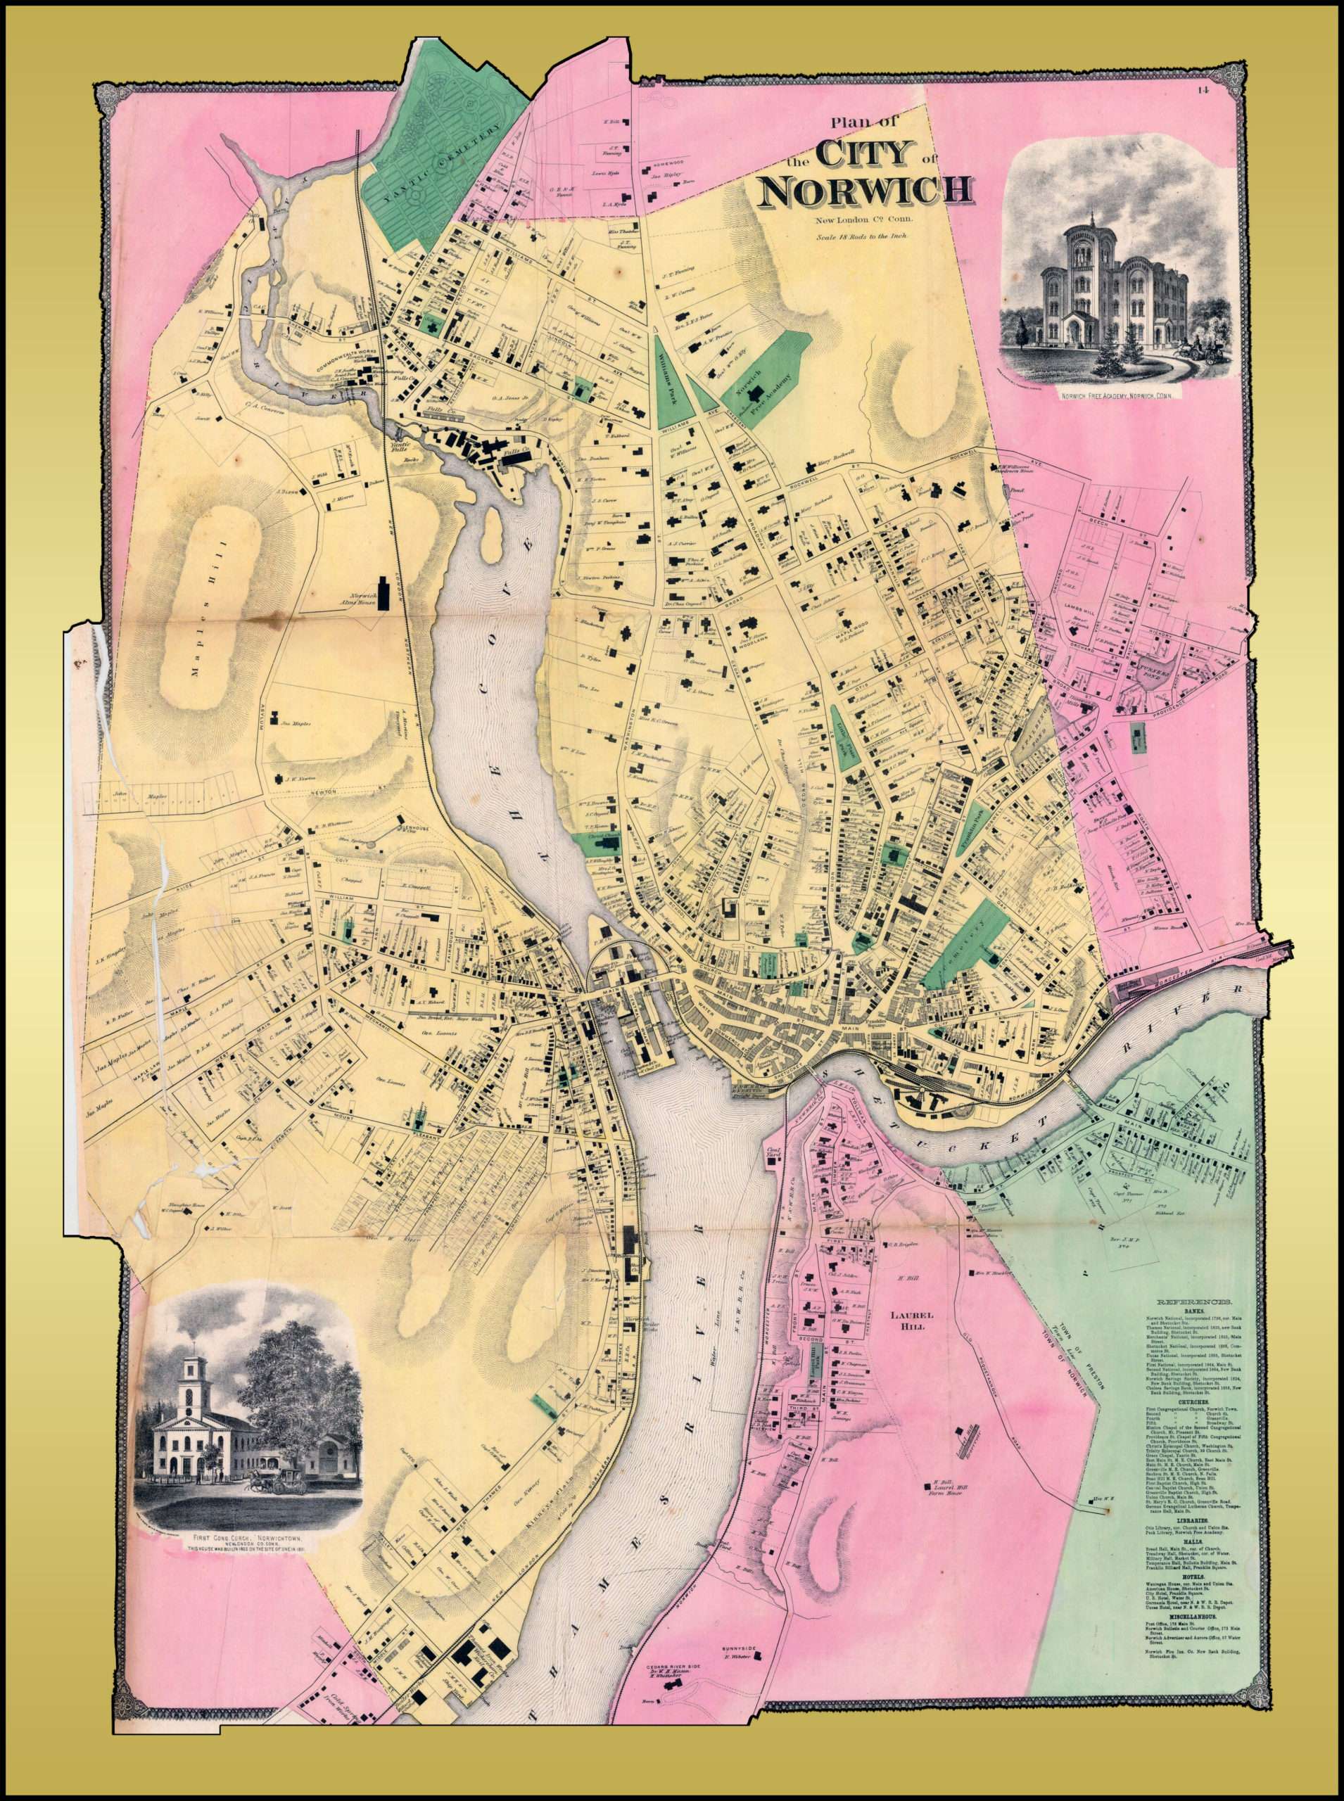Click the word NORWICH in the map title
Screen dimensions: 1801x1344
[864, 189]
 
